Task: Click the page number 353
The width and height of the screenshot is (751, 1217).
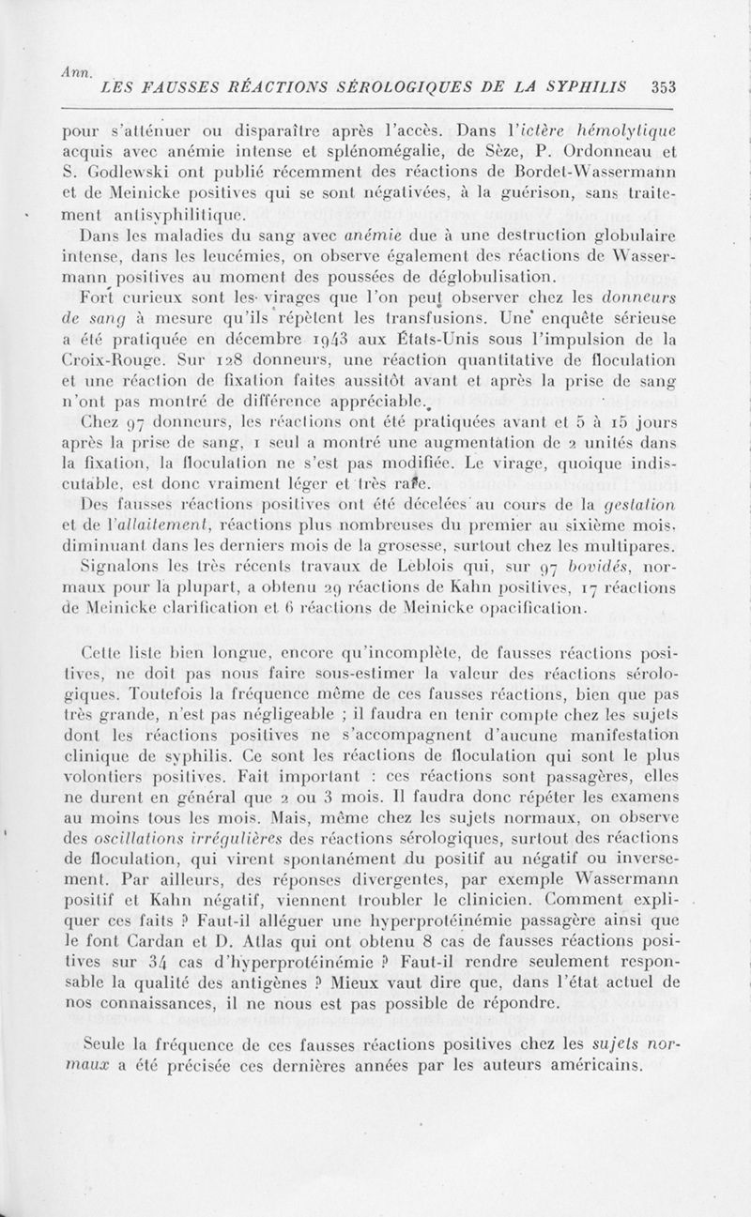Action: tap(664, 88)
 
